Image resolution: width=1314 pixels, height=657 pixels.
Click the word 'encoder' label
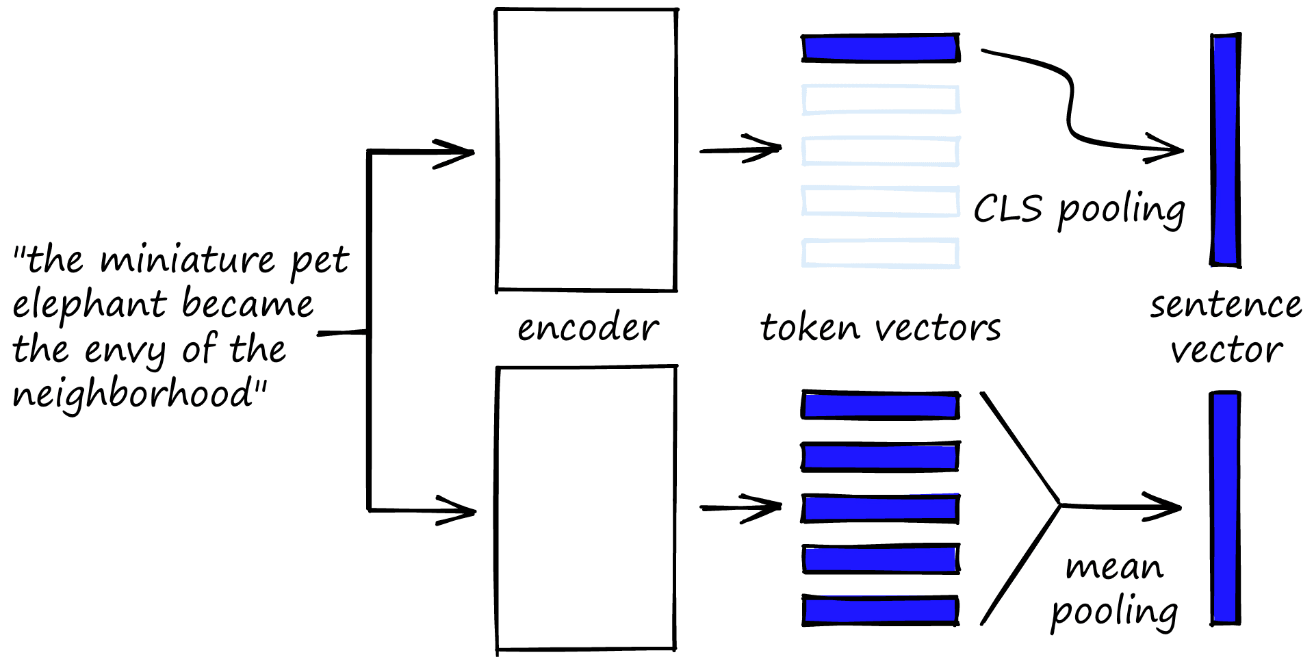[587, 328]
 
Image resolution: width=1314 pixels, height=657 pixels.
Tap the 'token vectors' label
[880, 328]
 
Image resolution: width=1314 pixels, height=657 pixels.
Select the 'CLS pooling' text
[1079, 209]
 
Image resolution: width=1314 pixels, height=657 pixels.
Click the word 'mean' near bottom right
[1114, 567]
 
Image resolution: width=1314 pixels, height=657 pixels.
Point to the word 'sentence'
[1226, 305]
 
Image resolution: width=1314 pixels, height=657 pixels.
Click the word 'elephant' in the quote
[89, 305]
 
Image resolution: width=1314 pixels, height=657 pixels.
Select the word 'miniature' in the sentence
[188, 260]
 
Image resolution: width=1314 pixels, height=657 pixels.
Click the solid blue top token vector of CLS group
[880, 48]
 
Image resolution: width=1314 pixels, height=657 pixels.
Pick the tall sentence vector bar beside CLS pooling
[1225, 150]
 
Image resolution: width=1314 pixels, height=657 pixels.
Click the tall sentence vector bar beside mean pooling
[1225, 507]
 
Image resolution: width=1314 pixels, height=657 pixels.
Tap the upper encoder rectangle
[587, 150]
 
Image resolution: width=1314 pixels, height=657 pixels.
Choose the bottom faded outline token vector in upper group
[880, 253]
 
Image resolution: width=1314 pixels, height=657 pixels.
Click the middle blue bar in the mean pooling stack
[880, 508]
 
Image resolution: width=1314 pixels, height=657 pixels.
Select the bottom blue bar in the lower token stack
[880, 610]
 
